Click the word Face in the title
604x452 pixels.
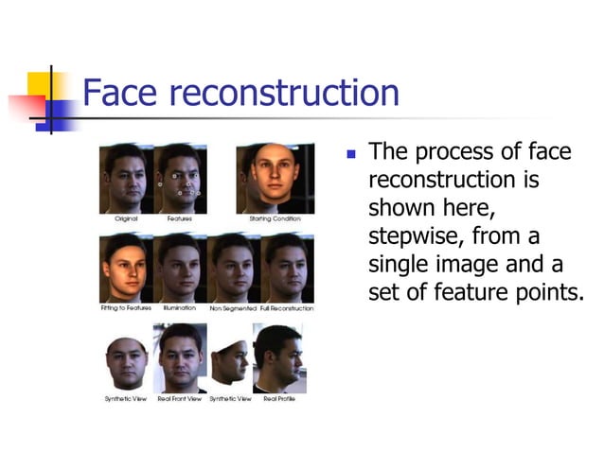click(x=118, y=94)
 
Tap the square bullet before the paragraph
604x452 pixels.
click(x=349, y=152)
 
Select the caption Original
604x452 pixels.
click(x=126, y=218)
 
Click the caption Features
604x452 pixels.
click(x=180, y=218)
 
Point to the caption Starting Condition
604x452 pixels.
click(x=275, y=218)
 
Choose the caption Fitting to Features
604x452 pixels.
click(x=126, y=308)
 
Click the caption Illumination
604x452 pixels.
click(x=180, y=308)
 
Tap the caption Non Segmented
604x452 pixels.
click(x=233, y=308)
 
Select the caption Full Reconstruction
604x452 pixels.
click(x=287, y=308)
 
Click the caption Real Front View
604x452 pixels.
click(x=180, y=399)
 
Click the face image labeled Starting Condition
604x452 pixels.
click(x=275, y=178)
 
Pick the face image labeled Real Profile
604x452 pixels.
click(x=277, y=358)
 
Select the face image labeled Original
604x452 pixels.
click(x=126, y=178)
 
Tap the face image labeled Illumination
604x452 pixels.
click(x=180, y=268)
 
